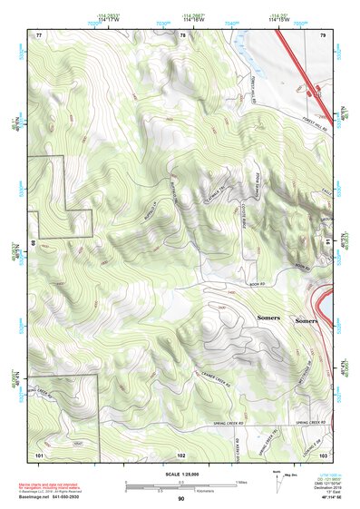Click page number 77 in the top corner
point(39,34)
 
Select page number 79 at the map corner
point(323,34)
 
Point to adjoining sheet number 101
point(40,454)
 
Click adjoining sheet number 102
point(181,454)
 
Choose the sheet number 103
point(324,454)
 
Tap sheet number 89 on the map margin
point(34,244)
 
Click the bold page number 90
point(181,499)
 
